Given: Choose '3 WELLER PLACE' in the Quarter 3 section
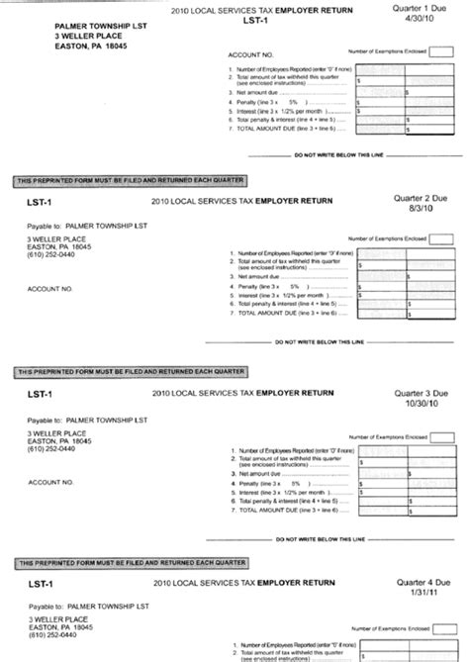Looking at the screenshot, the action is click(55, 432).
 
